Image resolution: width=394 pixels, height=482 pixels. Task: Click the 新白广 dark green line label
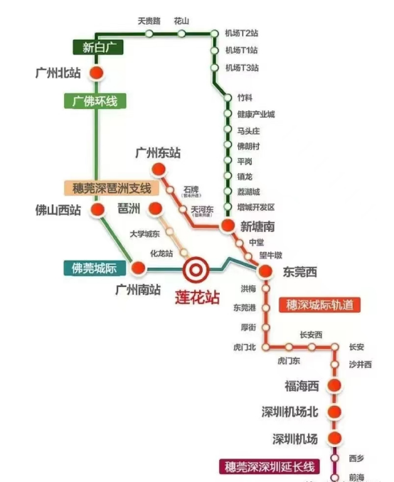point(98,48)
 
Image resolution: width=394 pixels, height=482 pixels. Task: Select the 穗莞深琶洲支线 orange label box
point(111,189)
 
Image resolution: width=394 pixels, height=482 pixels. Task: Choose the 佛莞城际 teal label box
point(94,268)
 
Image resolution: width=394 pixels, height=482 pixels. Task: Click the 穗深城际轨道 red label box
point(319,305)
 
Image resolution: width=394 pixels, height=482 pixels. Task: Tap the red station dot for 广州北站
point(96,73)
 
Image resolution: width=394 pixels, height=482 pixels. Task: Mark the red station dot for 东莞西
point(264,271)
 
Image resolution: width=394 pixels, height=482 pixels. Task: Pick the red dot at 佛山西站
point(95,210)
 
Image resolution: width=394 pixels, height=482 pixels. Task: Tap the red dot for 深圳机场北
point(334,412)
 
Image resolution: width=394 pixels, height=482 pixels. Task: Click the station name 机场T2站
point(241,33)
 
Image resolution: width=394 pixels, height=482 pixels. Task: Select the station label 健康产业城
point(255,115)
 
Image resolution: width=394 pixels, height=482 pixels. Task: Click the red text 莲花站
point(197,298)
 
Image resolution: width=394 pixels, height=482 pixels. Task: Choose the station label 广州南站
point(137,290)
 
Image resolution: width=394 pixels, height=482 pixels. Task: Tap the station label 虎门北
point(243,347)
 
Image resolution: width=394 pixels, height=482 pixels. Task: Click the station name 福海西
point(302,386)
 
